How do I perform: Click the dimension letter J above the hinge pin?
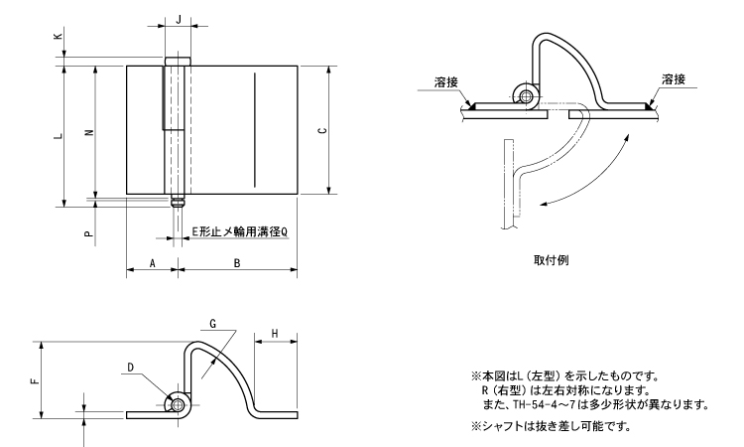point(178,19)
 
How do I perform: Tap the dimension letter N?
point(89,135)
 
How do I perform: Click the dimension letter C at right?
point(319,131)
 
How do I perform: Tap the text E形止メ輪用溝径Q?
point(239,230)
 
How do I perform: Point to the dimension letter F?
point(35,378)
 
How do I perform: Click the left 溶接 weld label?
point(446,79)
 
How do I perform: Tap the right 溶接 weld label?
point(672,79)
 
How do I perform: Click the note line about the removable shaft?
point(552,427)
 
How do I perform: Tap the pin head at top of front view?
point(178,63)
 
